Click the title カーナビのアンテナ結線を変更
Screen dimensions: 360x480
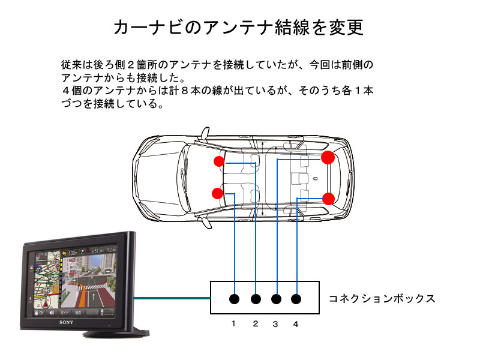coord(238,27)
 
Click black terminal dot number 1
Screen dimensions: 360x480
coord(235,299)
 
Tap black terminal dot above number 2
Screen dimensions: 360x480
coord(256,299)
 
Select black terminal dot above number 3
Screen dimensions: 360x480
coord(277,299)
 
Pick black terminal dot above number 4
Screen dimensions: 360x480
coord(297,299)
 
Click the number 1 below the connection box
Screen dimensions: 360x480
coord(234,324)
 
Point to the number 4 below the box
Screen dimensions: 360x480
coord(296,324)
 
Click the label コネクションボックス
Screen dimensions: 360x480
coord(382,299)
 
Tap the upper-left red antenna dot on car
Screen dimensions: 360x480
coord(219,161)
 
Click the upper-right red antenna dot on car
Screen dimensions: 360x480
coord(328,158)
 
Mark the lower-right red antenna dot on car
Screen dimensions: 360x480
coord(328,199)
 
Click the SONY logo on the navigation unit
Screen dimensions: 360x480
coord(66,322)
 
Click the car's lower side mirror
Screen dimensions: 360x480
coord(206,223)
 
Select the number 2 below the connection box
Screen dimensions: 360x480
coord(255,324)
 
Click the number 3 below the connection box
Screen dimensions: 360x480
coord(275,324)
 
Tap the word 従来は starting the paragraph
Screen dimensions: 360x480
coord(76,64)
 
